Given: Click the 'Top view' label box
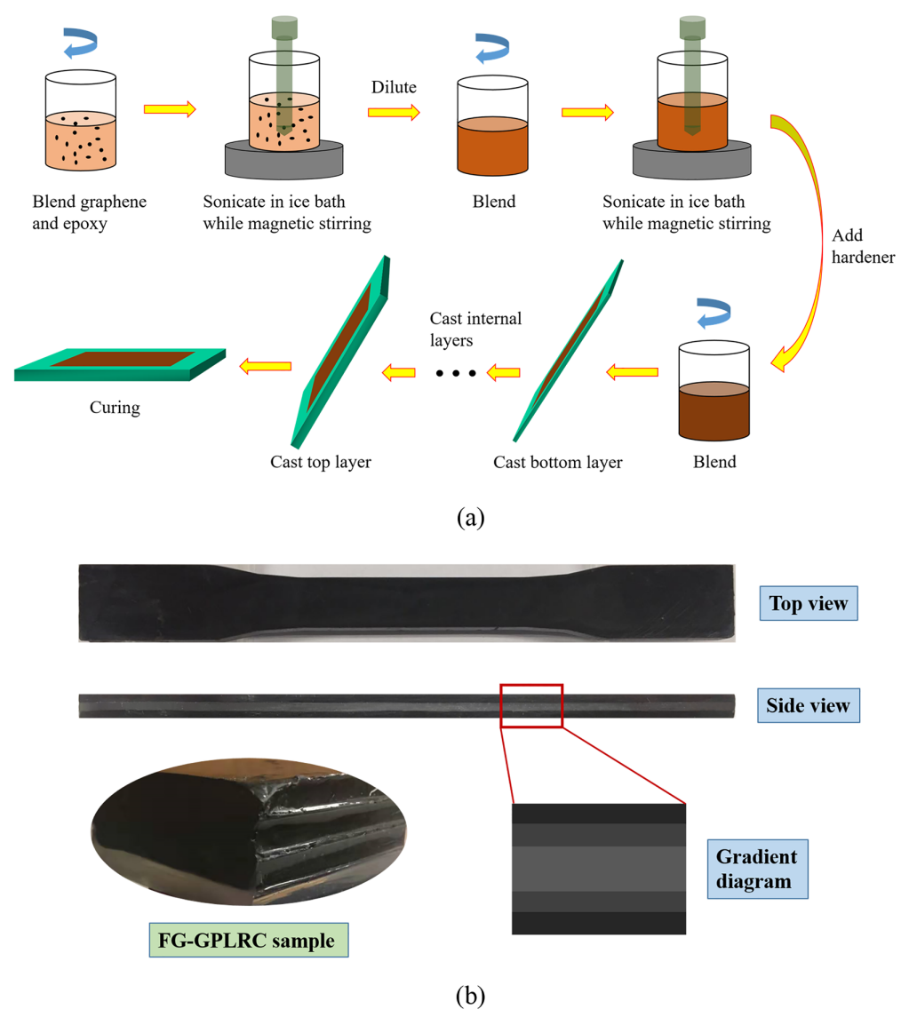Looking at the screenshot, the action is coord(809,603).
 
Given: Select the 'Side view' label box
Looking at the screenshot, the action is coord(809,705).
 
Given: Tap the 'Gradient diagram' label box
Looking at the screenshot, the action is coord(757,870).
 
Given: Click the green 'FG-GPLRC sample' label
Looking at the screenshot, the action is coord(249,940).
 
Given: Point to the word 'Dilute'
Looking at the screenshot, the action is coord(394,87).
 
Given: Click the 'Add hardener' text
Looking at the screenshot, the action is coord(863,246).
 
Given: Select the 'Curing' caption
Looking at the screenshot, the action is coord(115,408).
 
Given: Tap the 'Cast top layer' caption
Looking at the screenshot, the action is coord(321,462).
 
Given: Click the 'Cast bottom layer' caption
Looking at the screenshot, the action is coord(557,462).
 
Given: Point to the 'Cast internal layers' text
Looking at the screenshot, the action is coord(475,329).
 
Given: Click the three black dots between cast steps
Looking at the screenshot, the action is coord(456,373).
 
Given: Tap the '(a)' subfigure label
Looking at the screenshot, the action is coord(470,518).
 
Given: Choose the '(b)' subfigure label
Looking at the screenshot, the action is coord(470,995).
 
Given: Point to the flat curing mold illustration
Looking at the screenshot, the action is coord(120,365).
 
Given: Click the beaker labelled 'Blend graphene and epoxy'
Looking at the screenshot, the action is coord(81,121).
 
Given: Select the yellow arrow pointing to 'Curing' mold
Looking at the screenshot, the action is coord(266,367).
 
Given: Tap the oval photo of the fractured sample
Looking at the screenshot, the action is coord(249,836).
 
